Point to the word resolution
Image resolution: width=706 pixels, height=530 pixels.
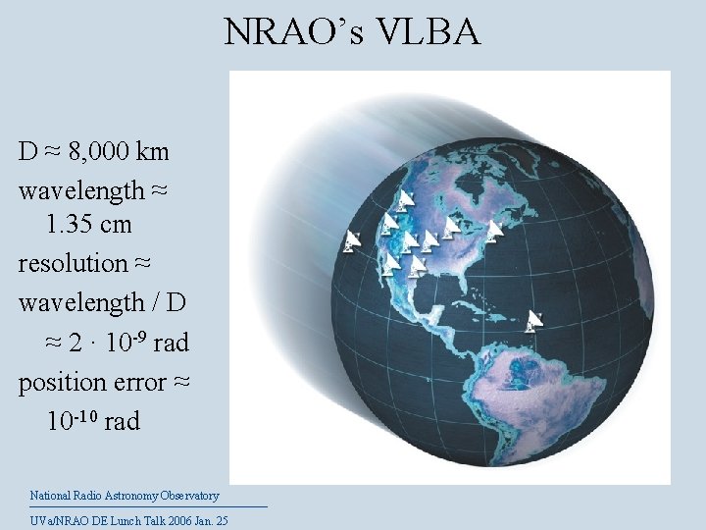click(73, 263)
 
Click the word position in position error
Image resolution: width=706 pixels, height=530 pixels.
click(61, 383)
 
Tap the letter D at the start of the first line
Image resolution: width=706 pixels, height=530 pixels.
click(27, 152)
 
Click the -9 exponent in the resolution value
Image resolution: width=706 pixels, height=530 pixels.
click(141, 336)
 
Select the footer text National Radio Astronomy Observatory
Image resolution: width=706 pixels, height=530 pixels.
click(125, 497)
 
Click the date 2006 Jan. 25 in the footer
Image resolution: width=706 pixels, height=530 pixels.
click(193, 520)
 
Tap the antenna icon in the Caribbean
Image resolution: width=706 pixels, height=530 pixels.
click(534, 319)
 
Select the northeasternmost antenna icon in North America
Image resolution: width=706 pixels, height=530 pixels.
click(494, 230)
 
